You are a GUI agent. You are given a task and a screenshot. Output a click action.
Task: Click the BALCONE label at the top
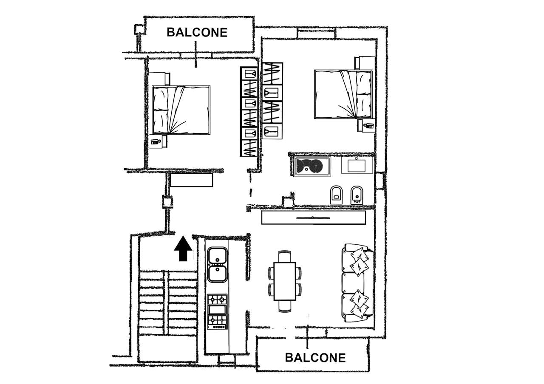pyautogui.click(x=197, y=32)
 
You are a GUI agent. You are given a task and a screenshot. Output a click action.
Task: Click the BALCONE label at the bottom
pyautogui.click(x=315, y=358)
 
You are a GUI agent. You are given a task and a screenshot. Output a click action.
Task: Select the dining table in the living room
pyautogui.click(x=285, y=281)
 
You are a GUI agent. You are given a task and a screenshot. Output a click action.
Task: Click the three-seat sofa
pyautogui.click(x=357, y=283)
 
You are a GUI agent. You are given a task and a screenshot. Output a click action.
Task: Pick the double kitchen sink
pyautogui.click(x=217, y=265)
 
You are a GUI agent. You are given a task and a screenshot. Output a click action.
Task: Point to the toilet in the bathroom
pyautogui.click(x=336, y=195)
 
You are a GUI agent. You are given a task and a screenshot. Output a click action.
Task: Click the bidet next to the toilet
pyautogui.click(x=357, y=195)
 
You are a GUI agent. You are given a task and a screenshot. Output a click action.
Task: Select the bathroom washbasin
pyautogui.click(x=357, y=165)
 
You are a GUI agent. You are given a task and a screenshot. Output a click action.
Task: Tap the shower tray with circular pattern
pyautogui.click(x=312, y=166)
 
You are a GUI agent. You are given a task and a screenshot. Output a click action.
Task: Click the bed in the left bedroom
pyautogui.click(x=181, y=110)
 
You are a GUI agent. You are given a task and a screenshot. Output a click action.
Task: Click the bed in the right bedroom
pyautogui.click(x=343, y=94)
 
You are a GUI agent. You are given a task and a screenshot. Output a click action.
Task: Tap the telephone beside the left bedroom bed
pyautogui.click(x=156, y=142)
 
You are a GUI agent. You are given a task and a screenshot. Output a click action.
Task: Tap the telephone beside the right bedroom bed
pyautogui.click(x=368, y=126)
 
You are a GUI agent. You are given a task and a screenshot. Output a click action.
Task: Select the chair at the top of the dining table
pyautogui.click(x=285, y=256)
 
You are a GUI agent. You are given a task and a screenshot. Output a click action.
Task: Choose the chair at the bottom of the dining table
pyautogui.click(x=285, y=306)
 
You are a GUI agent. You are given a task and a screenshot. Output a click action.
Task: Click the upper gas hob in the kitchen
pyautogui.click(x=217, y=299)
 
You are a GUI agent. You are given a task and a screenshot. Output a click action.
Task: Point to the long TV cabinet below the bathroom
pyautogui.click(x=313, y=217)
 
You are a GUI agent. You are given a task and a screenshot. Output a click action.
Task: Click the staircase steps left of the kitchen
pyautogui.click(x=168, y=303)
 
